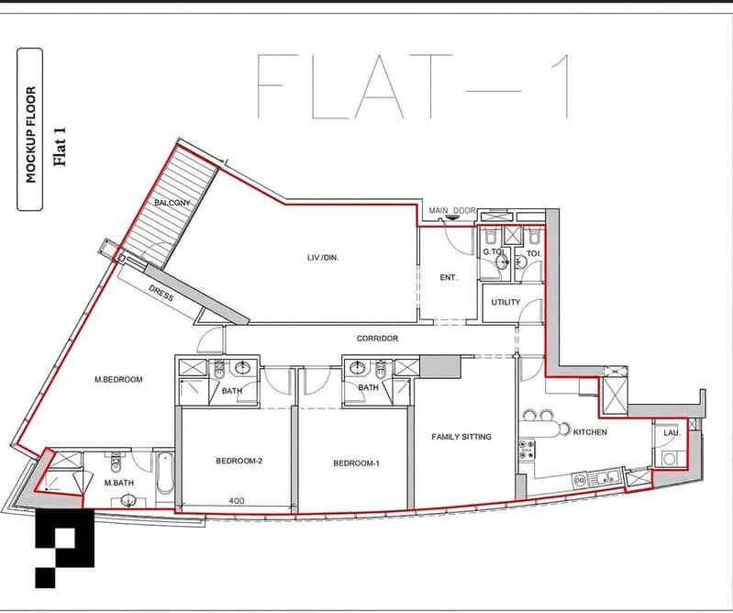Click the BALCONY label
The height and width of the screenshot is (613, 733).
(172, 203)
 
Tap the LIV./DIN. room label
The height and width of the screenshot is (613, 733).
(323, 257)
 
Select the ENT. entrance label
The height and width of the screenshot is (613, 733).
(449, 277)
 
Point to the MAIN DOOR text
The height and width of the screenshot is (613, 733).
(452, 211)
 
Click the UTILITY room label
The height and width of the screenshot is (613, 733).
(505, 302)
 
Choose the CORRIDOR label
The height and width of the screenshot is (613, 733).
(377, 338)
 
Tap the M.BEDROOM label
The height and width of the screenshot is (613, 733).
(118, 379)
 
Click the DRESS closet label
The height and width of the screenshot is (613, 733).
(161, 293)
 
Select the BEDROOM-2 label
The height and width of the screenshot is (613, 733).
(239, 461)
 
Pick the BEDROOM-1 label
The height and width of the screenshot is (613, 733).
(356, 463)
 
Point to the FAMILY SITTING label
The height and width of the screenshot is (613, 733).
(461, 437)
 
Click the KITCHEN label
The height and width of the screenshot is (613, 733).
(590, 432)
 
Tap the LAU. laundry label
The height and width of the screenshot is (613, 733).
(672, 433)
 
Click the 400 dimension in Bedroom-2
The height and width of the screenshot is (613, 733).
(237, 501)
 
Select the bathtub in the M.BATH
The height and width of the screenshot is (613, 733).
(164, 474)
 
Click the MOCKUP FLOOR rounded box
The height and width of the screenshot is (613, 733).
(30, 129)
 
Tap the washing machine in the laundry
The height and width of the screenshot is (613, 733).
(669, 459)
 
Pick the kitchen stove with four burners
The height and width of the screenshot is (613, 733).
(527, 449)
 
